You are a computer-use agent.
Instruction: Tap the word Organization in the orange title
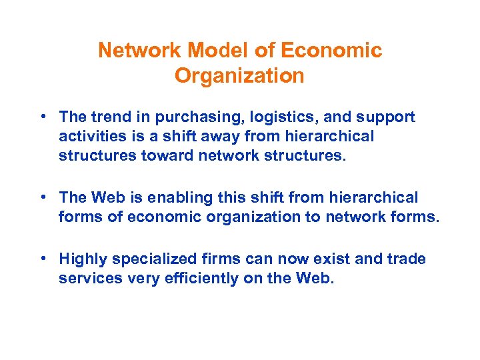click(239, 76)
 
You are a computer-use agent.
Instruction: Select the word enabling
click(170, 198)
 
